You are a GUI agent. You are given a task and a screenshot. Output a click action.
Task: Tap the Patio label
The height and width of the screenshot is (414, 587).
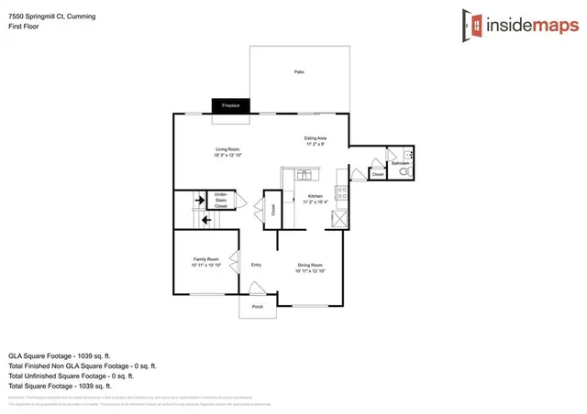coord(299,71)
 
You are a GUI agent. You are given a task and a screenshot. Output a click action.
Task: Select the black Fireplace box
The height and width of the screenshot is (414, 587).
coord(230,106)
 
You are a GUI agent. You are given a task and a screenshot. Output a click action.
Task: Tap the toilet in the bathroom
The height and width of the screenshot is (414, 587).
coord(405,171)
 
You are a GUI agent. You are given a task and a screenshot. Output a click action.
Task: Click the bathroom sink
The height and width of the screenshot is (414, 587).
coord(409,156)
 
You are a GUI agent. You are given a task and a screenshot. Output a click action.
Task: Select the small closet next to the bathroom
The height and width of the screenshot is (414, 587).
coord(377,173)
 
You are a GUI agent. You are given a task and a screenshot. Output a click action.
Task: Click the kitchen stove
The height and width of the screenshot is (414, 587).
coord(341,193)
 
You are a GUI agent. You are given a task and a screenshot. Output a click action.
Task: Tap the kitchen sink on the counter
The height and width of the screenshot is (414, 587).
coord(304,174)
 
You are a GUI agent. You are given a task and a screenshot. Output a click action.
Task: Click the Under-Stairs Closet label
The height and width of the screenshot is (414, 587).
coord(221,200)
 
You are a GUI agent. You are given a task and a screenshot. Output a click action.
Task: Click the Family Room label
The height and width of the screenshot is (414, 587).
coord(205,263)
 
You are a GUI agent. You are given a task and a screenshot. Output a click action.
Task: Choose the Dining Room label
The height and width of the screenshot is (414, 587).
coord(309,268)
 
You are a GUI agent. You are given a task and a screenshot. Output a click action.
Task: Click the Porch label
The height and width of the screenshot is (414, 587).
coord(258,307)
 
